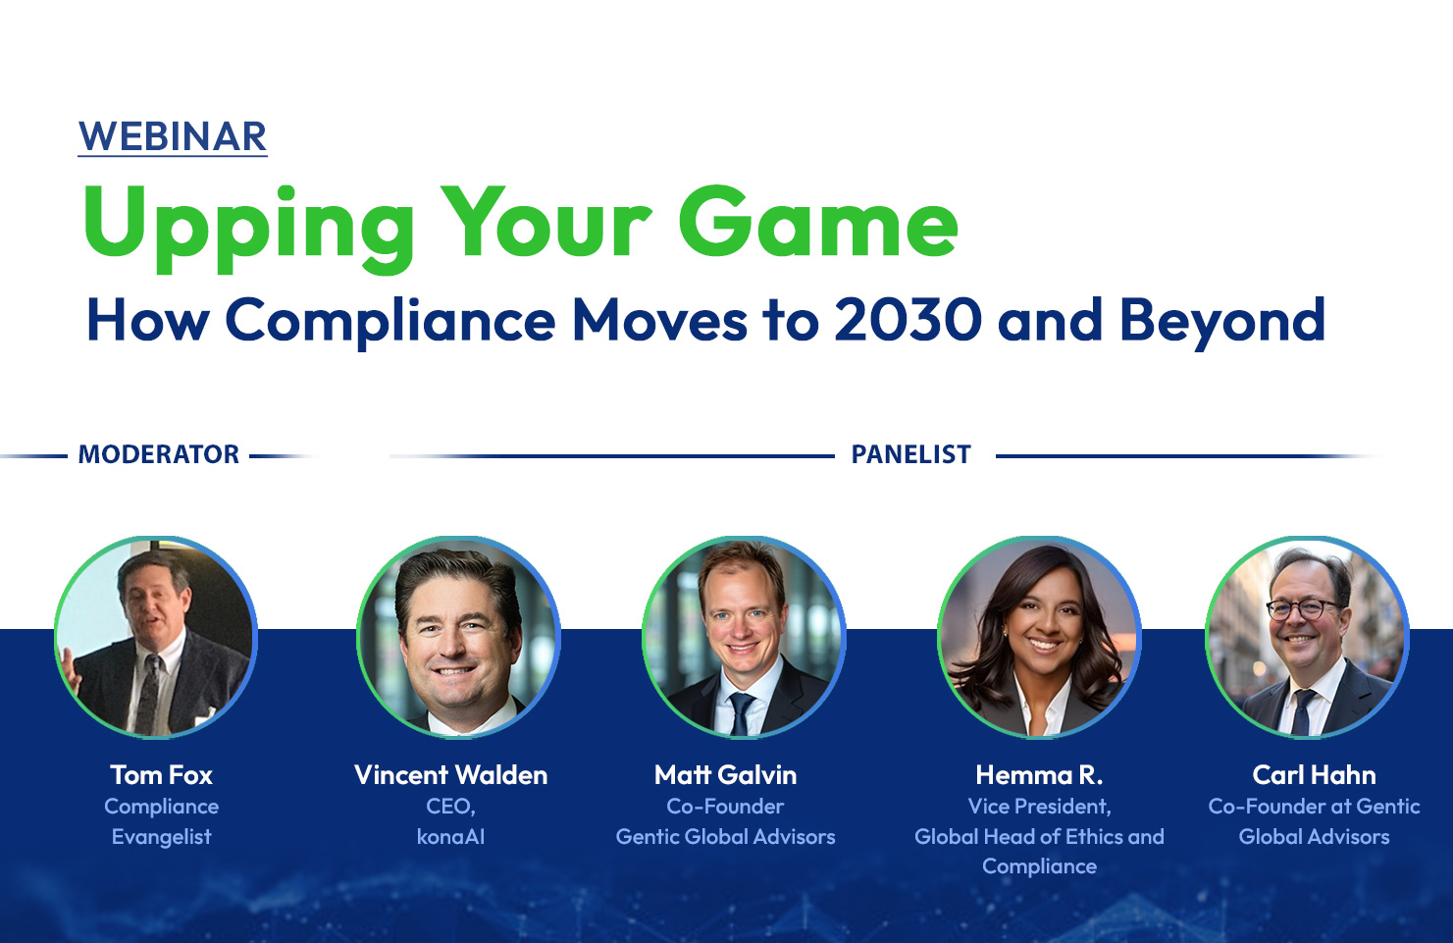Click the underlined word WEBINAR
click(x=173, y=136)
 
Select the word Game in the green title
click(x=818, y=222)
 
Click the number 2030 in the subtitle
click(x=908, y=319)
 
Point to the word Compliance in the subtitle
click(x=390, y=322)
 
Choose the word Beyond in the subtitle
click(x=1222, y=322)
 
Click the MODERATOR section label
click(x=159, y=454)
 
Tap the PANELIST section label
click(x=911, y=454)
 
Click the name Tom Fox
click(x=162, y=775)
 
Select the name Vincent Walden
click(x=451, y=775)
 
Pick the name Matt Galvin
click(x=725, y=775)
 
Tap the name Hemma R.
click(x=1039, y=775)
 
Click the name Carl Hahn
click(x=1315, y=775)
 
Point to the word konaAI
click(x=451, y=837)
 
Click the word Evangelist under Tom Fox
click(x=162, y=837)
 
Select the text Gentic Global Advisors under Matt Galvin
click(x=725, y=837)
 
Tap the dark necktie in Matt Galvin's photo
click(x=741, y=713)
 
